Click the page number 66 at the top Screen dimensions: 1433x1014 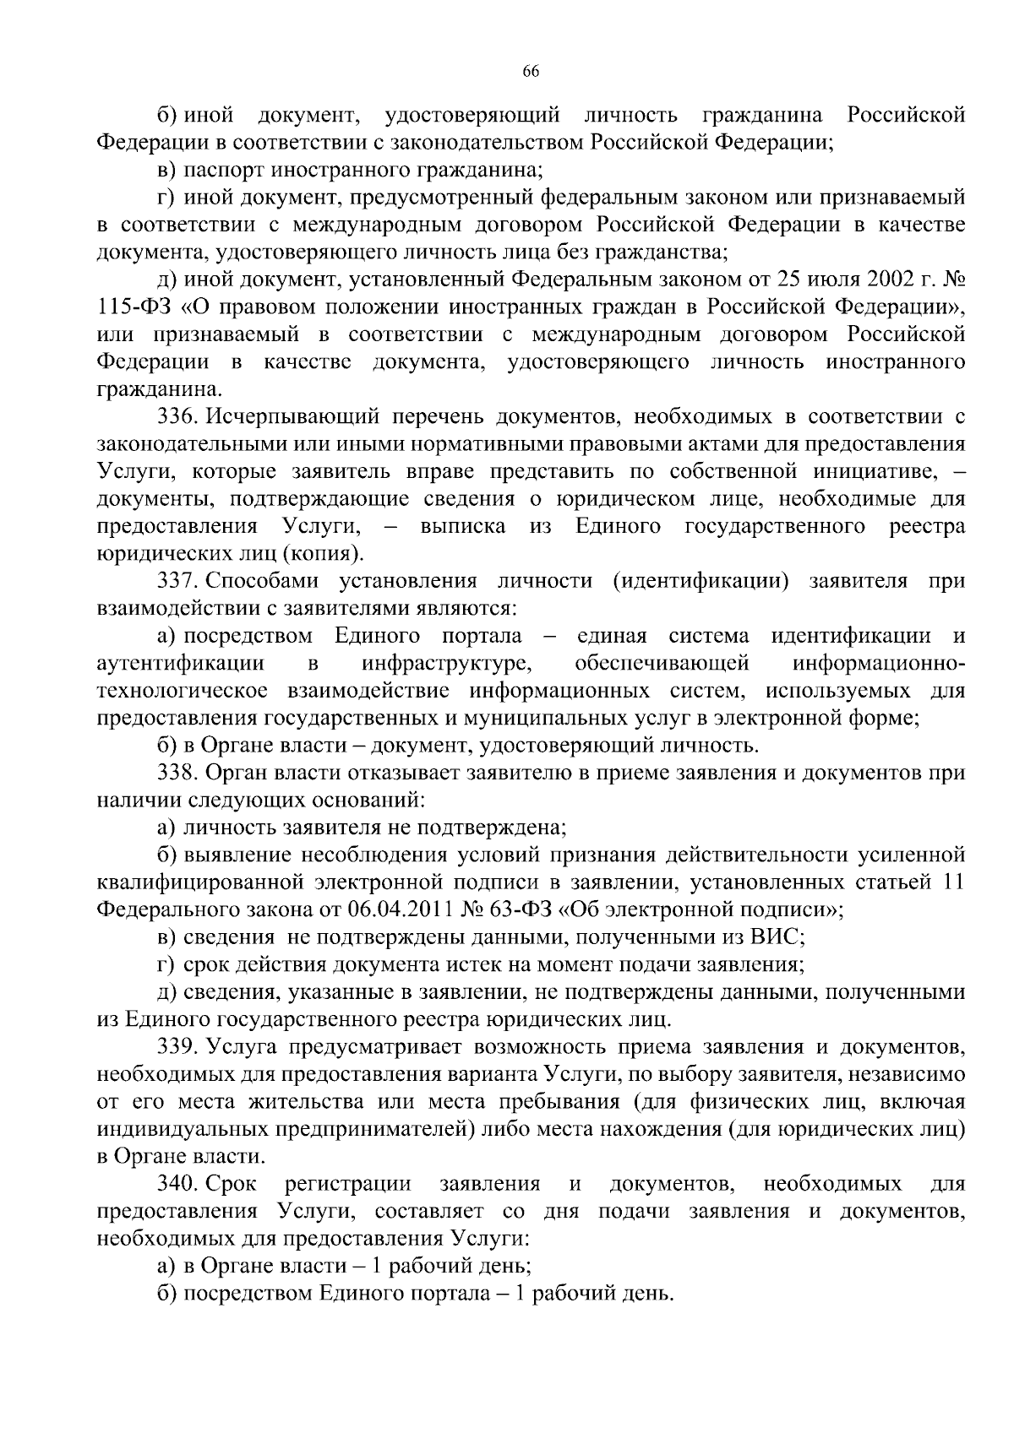coord(531,72)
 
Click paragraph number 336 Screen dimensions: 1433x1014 coord(177,416)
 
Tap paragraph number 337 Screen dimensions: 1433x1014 coord(177,581)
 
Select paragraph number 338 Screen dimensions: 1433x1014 coord(177,773)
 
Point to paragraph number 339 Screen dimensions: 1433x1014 coord(177,1047)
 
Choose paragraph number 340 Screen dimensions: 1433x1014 coord(177,1184)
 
